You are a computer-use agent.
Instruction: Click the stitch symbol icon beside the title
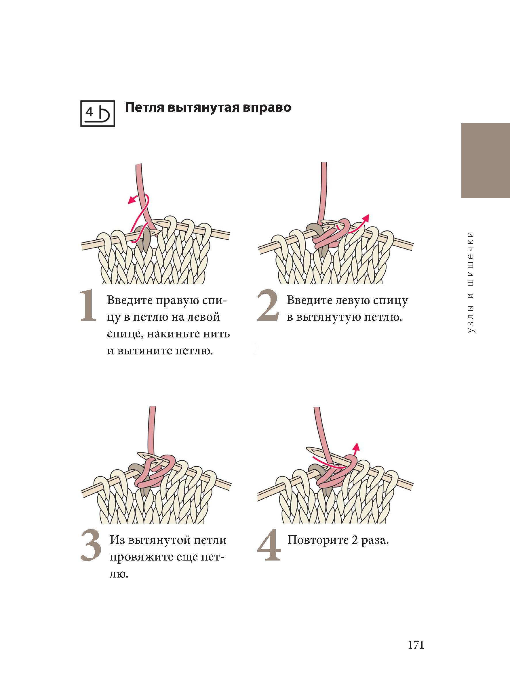[x=97, y=113]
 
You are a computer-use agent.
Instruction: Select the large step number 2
[x=268, y=306]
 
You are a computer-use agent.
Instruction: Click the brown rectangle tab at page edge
[x=485, y=161]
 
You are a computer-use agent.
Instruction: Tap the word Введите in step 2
[x=307, y=301]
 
